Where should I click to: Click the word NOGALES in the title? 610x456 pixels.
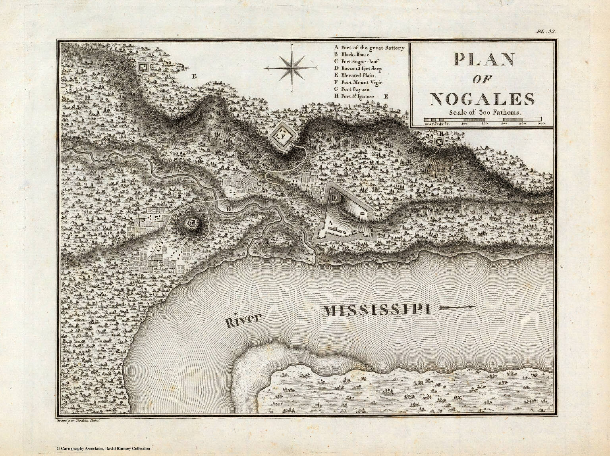point(483,99)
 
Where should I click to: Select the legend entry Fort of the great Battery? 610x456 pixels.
point(369,48)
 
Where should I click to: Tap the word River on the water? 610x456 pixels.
point(244,320)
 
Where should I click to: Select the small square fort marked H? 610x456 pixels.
point(439,142)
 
